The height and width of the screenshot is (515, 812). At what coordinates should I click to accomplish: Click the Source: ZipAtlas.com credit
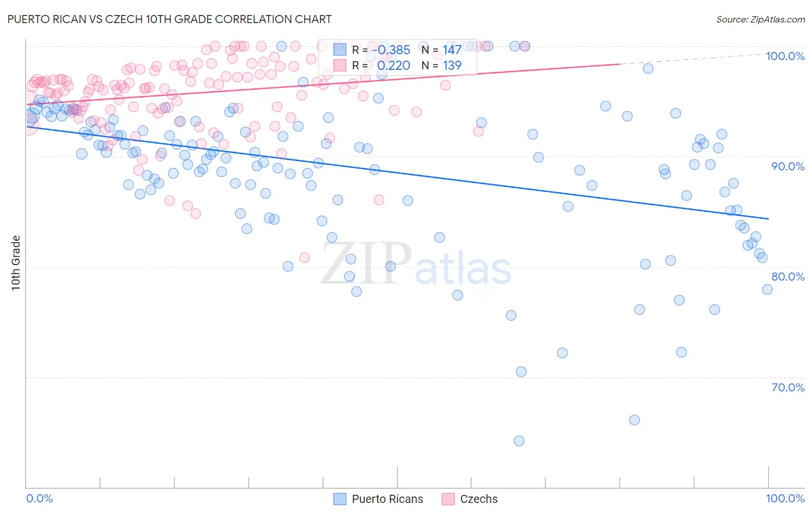760,19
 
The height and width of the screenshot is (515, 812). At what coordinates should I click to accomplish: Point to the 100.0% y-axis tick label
785,56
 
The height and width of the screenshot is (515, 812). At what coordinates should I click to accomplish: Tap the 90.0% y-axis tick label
788,166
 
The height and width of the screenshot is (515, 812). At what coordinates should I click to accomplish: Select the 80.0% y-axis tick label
788,277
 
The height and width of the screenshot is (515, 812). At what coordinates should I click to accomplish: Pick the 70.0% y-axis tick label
788,387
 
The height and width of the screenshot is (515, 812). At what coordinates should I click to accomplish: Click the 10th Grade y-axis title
16,263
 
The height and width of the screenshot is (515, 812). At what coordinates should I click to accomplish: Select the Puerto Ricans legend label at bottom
387,499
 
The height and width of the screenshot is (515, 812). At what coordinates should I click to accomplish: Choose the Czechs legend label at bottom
478,499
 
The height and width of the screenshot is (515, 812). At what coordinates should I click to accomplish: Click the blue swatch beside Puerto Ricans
340,499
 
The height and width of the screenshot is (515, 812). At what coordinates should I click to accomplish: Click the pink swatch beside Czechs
448,499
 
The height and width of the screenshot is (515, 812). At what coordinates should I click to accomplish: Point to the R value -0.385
392,50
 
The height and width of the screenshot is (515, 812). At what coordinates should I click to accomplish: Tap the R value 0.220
393,66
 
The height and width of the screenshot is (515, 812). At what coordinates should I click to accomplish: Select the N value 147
452,50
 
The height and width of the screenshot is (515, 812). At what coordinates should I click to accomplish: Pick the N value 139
452,66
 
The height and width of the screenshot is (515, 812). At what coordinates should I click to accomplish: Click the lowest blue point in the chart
519,441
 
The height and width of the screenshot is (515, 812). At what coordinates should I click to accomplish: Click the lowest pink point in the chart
304,257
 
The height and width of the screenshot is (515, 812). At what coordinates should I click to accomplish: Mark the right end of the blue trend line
769,219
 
